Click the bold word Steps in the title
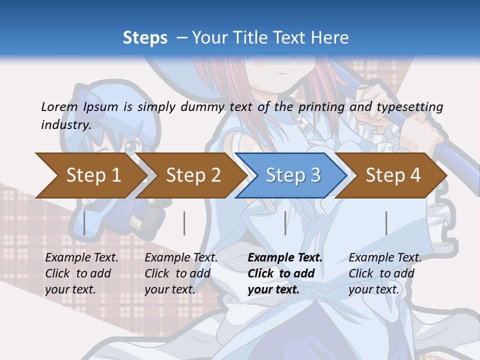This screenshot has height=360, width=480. coord(145,37)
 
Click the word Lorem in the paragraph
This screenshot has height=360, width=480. coord(59,106)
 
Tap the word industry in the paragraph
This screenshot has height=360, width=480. coord(65,124)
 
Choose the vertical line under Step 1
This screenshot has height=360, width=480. coord(84,223)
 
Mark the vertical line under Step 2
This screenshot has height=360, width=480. coord(184,223)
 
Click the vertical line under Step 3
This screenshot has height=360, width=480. coord(285,223)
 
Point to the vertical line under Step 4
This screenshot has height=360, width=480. coord(386,223)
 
